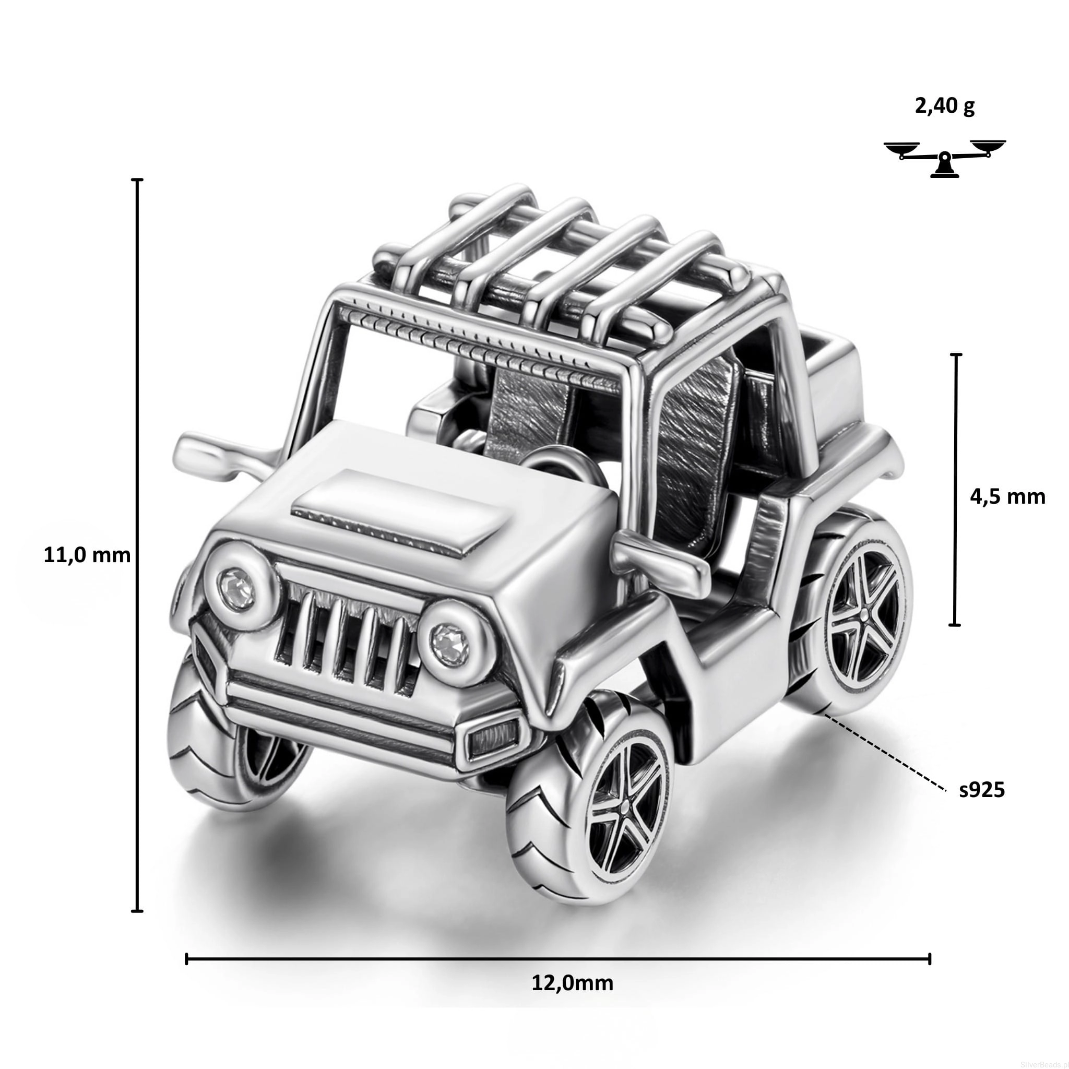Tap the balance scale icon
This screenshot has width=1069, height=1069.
click(944, 159)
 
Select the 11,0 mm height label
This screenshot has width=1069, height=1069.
click(87, 555)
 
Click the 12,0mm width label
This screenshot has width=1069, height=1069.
click(573, 983)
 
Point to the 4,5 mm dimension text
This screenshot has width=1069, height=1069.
click(1007, 497)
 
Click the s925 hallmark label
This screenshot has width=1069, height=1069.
click(982, 790)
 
